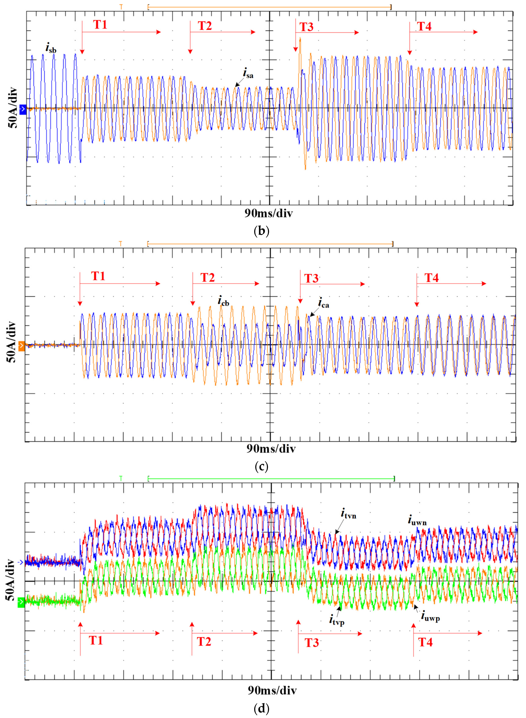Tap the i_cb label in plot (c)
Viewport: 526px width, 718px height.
point(223,301)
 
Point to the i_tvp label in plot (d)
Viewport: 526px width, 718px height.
point(337,620)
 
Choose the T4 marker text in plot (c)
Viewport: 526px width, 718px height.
point(431,278)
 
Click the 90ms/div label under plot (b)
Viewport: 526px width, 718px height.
point(268,213)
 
